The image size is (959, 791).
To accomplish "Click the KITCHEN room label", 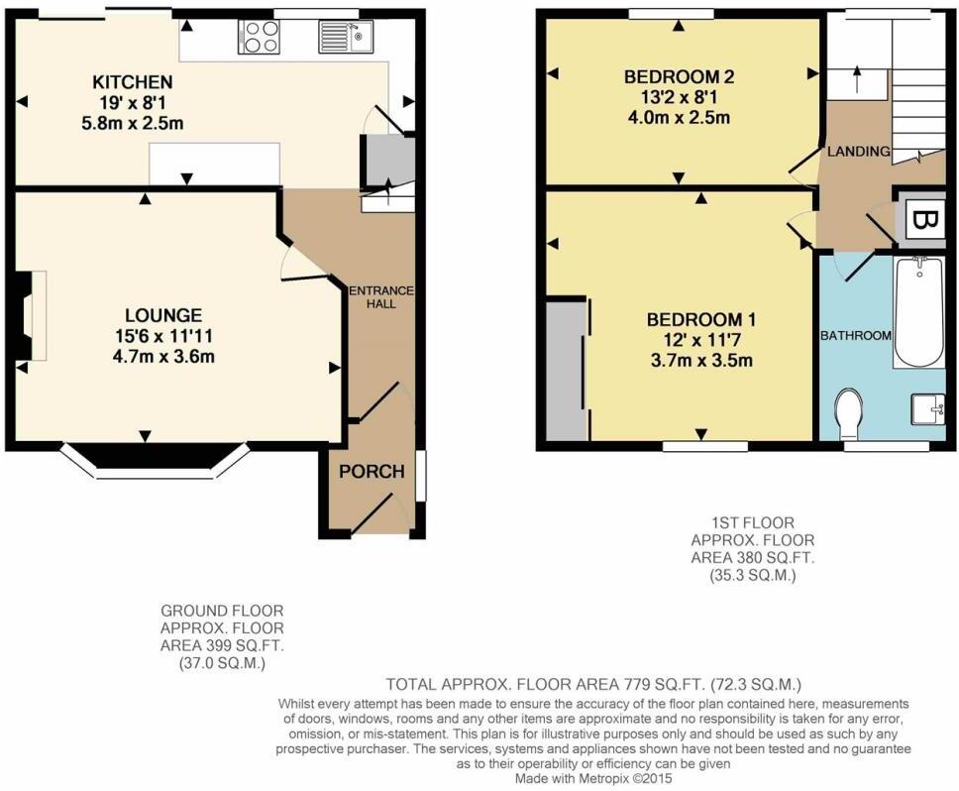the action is click(x=132, y=81).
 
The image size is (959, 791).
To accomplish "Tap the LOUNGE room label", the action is click(x=163, y=315).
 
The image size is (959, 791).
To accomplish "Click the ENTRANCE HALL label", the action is click(x=381, y=296).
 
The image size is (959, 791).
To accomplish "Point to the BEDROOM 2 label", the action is click(x=679, y=76).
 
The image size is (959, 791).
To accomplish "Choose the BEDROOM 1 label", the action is click(x=701, y=319).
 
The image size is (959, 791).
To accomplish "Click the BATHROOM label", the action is click(x=856, y=335).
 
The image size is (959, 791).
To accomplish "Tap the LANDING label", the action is click(x=859, y=151).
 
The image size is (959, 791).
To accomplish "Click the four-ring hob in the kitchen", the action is click(x=259, y=36).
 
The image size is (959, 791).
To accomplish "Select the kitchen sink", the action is click(x=346, y=36).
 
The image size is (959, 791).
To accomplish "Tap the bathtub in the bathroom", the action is click(x=918, y=312).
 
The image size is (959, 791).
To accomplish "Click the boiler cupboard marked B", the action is click(x=920, y=219).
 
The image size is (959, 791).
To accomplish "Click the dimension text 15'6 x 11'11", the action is click(x=163, y=336).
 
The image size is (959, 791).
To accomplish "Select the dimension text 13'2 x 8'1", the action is click(x=679, y=97).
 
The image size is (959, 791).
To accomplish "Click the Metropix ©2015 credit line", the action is click(x=593, y=778).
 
